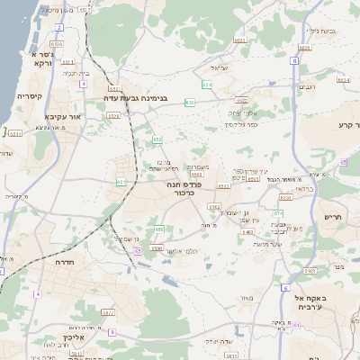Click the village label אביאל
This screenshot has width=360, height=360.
tap(222, 67)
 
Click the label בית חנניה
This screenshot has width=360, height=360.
tap(80, 73)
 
